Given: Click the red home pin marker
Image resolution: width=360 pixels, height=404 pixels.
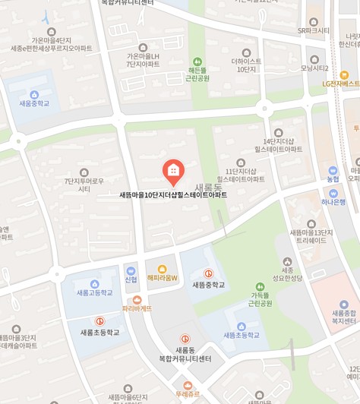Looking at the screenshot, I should click(x=173, y=171).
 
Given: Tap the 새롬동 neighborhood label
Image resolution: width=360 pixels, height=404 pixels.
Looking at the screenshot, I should click(x=208, y=187).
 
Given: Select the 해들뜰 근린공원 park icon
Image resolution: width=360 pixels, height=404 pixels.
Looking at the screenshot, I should click(x=197, y=61).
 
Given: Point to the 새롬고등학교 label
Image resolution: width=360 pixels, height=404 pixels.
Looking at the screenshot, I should click(x=94, y=292).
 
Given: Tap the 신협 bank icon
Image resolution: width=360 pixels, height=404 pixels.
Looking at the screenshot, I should click(x=131, y=270).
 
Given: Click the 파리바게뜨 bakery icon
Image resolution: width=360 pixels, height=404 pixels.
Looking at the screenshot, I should click(x=137, y=299).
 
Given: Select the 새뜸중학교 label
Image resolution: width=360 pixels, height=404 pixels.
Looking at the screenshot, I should click(x=208, y=285).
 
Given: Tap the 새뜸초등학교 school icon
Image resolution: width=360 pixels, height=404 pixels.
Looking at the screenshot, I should click(x=241, y=326).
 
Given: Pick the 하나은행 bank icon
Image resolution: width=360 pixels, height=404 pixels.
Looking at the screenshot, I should click(x=333, y=191).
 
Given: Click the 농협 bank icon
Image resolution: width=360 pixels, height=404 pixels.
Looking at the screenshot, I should click(x=333, y=170).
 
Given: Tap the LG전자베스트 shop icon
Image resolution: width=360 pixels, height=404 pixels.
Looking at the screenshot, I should click(x=344, y=74).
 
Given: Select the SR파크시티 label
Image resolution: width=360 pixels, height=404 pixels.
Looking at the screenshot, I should click(x=314, y=31).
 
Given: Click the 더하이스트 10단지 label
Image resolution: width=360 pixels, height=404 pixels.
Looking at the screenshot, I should click(x=246, y=65).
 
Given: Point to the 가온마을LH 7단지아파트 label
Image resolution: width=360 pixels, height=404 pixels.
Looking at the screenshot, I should click(x=143, y=60).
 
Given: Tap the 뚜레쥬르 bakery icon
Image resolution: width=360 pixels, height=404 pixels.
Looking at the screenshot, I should click(x=188, y=385).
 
